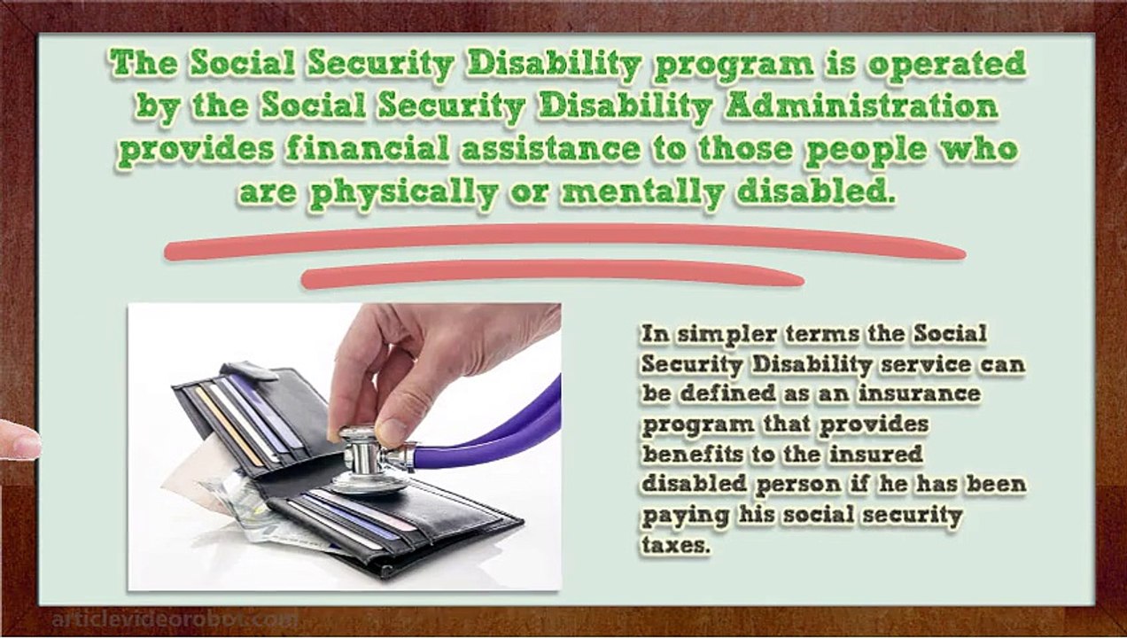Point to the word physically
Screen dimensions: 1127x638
point(403,192)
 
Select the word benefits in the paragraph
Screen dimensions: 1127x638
point(692,454)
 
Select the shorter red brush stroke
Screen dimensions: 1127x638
point(553,275)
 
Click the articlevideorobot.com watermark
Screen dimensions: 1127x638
point(175,619)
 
